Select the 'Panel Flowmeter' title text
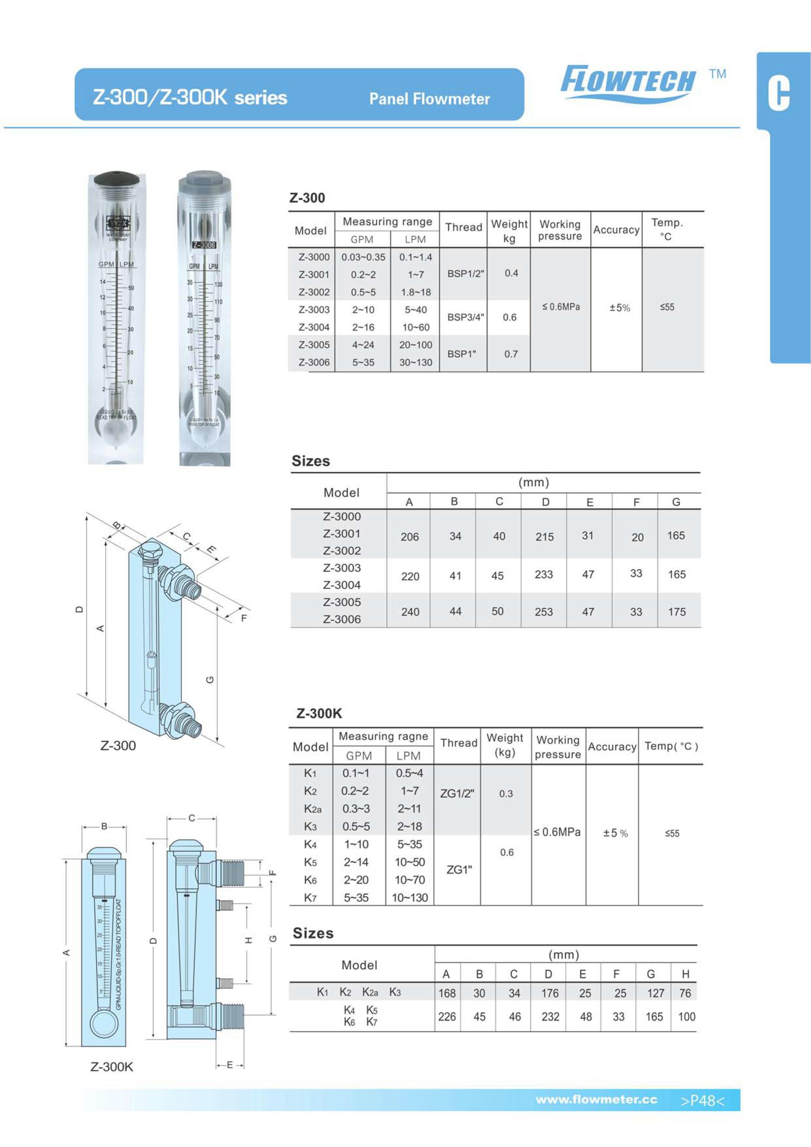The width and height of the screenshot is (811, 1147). coord(429,99)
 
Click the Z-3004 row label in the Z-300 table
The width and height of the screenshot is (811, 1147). coord(314,327)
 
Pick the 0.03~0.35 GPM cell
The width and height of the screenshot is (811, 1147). coord(363,257)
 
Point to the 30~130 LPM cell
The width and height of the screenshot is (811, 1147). coord(415,363)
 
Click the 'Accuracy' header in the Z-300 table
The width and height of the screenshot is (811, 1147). coord(616,230)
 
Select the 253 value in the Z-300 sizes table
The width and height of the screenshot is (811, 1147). coord(544,612)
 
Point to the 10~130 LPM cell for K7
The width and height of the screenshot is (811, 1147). coord(410,898)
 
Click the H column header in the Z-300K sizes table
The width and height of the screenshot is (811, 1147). coord(685,974)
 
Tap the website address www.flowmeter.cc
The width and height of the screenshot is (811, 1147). coord(596,1100)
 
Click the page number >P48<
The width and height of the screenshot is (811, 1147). coord(702,1101)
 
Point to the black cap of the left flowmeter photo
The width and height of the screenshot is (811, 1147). coord(118,178)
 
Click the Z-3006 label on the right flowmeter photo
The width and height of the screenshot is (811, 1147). coord(204,245)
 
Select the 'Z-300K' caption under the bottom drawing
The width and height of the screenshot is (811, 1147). coord(112,1067)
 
